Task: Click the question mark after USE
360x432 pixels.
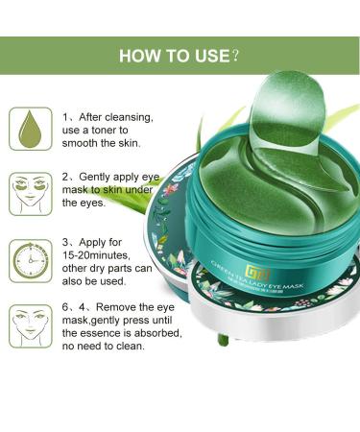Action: click(235, 55)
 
